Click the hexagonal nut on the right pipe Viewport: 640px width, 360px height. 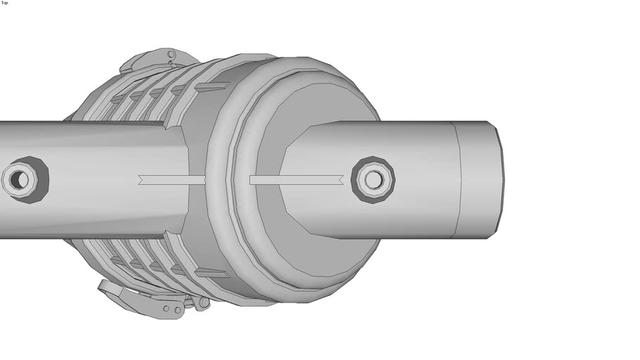tap(373, 180)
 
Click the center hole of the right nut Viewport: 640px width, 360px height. tap(373, 180)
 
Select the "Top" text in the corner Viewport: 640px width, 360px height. tap(5, 3)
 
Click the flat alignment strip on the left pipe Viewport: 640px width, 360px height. tap(172, 180)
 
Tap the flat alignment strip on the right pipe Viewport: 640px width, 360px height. tap(295, 180)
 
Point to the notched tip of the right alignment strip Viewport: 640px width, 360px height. tap(340, 180)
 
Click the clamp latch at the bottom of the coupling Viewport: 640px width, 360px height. tap(141, 299)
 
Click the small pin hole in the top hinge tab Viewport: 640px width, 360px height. tap(170, 54)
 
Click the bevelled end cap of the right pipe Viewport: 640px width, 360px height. tap(482, 180)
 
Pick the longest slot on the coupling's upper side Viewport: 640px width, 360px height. tap(211, 87)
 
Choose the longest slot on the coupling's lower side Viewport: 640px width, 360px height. tap(211, 273)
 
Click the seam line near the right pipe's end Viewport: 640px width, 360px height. tap(456, 180)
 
